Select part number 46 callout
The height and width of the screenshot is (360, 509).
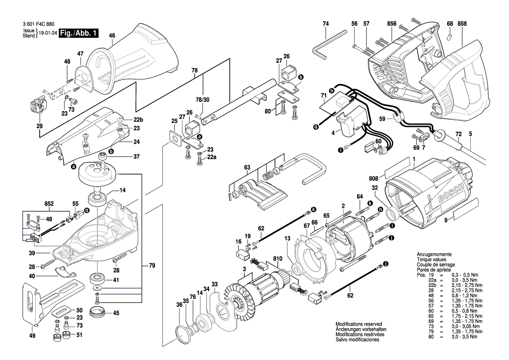[112, 35]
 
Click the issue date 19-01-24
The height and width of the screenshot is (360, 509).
[48, 33]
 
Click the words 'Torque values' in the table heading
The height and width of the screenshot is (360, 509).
[432, 259]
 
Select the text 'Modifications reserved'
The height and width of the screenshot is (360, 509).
[358, 325]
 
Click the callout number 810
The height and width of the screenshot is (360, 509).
[277, 258]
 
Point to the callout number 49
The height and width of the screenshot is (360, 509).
[32, 336]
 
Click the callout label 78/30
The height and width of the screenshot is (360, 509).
[202, 100]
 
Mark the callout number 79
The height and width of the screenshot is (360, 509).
[152, 265]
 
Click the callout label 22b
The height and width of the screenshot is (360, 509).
[126, 120]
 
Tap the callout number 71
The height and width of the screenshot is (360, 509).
[324, 95]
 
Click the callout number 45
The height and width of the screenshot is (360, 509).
[116, 312]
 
